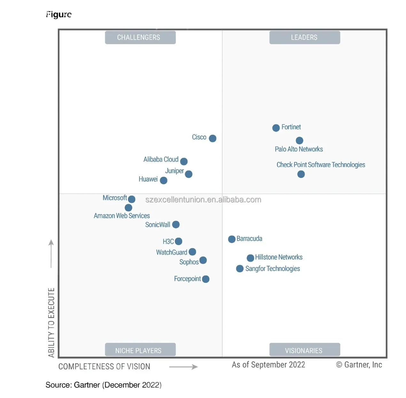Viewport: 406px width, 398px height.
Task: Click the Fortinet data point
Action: pos(276,128)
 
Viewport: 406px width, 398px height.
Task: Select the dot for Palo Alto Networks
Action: pos(299,140)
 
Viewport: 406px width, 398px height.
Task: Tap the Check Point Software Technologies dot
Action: pos(301,174)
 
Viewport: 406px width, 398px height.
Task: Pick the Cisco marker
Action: pos(213,138)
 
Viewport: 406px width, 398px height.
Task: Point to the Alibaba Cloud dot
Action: pos(184,161)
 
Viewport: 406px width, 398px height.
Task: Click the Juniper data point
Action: pos(189,174)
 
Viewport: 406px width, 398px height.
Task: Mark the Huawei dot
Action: pos(164,180)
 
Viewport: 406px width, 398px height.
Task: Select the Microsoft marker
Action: pos(131,199)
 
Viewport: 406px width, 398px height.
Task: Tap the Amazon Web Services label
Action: pos(122,216)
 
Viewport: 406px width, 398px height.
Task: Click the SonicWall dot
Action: pos(176,225)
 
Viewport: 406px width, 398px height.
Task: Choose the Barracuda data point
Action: pos(232,239)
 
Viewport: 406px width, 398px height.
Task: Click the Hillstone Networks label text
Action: pos(279,257)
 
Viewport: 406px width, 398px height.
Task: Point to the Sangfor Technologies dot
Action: pos(240,269)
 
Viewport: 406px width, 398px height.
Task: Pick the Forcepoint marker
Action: pos(206,279)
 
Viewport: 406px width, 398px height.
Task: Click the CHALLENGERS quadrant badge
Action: pos(140,37)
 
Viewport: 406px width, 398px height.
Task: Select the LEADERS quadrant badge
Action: pos(305,37)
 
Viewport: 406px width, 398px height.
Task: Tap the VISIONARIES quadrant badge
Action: pos(305,350)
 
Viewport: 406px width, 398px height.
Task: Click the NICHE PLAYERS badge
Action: pos(140,350)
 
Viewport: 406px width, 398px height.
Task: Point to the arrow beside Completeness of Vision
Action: pos(183,367)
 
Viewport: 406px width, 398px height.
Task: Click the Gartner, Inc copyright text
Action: pos(359,365)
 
